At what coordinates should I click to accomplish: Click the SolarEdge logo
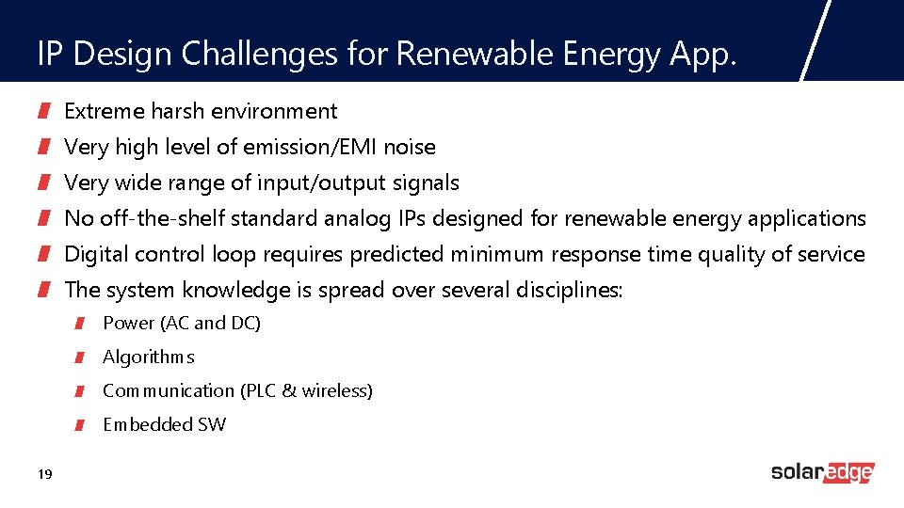point(822,472)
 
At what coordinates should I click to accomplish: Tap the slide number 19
point(44,474)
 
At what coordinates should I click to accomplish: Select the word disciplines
point(569,290)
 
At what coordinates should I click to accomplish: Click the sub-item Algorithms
point(148,357)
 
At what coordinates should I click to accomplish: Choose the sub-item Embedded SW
point(164,424)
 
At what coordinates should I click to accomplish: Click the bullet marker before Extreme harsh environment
point(43,112)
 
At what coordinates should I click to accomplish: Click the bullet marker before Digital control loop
point(43,255)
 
